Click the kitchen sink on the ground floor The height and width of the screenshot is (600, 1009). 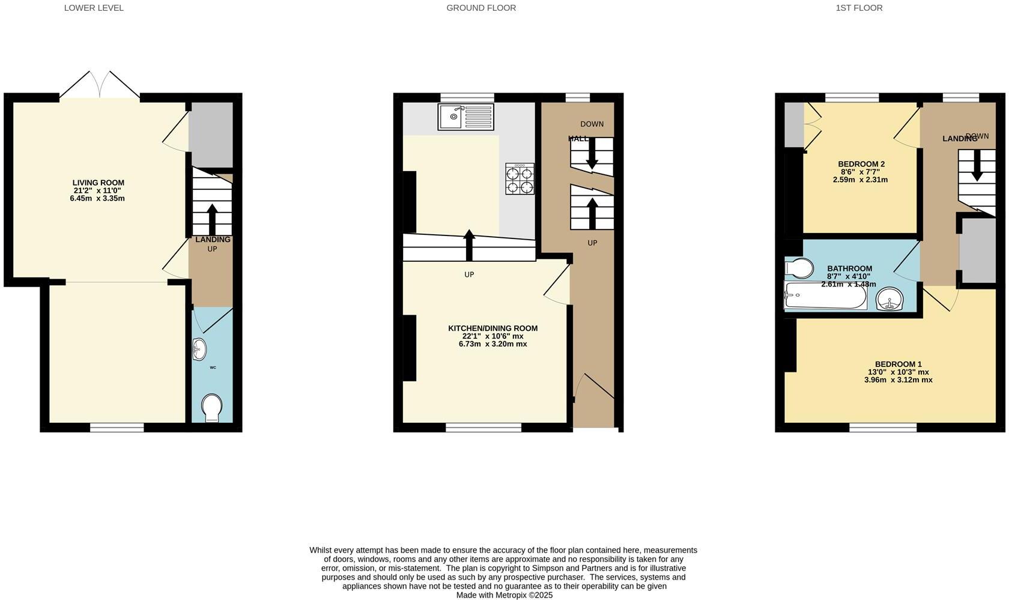[465, 117]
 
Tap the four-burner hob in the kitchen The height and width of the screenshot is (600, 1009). [520, 180]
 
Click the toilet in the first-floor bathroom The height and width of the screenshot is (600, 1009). [798, 268]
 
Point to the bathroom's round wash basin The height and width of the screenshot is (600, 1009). [890, 299]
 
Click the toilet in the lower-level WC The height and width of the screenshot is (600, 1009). [211, 408]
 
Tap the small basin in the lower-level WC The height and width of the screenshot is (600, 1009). [199, 349]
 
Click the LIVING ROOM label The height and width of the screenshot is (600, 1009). [98, 183]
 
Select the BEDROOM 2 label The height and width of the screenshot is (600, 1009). [861, 164]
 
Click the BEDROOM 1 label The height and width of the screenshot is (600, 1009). [898, 364]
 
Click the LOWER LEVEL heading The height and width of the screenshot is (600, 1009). [94, 8]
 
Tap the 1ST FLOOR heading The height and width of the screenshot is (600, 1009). [859, 8]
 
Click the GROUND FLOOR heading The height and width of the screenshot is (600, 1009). [481, 8]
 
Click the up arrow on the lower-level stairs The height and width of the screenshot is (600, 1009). [211, 219]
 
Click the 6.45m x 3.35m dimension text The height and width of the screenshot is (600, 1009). [97, 198]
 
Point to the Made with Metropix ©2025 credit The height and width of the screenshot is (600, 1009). [504, 595]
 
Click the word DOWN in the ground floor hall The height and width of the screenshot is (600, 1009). [592, 124]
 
